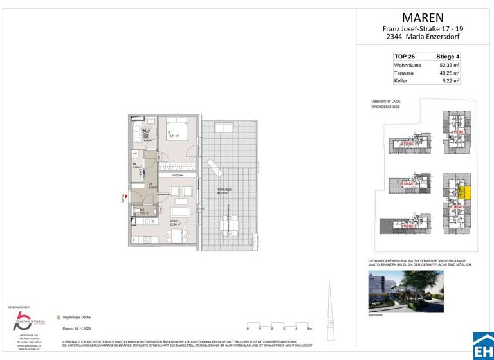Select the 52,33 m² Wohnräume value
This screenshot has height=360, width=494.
(448, 65)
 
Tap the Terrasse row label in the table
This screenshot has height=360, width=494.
(404, 73)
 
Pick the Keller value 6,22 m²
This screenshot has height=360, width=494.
(450, 82)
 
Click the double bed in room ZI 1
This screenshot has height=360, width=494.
(178, 129)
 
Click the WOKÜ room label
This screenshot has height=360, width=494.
(173, 221)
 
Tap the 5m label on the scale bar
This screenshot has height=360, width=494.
(310, 328)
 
